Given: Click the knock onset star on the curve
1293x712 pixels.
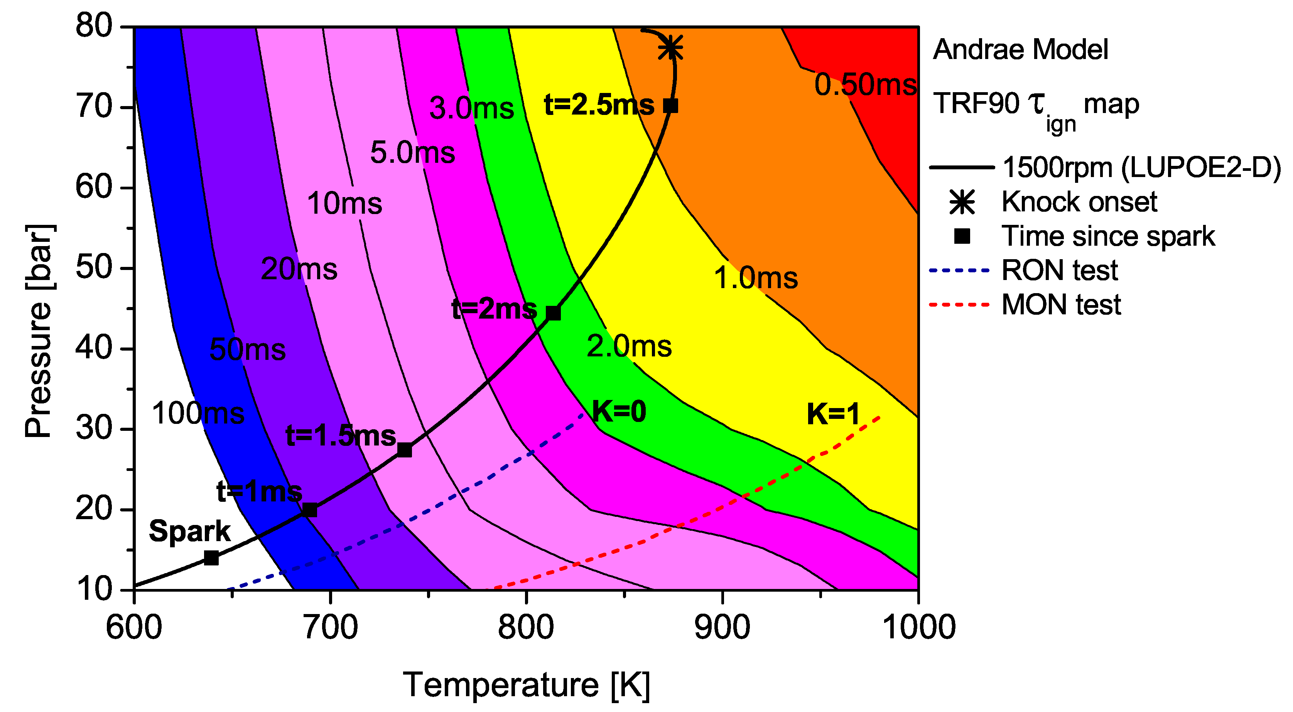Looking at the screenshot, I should (x=670, y=48).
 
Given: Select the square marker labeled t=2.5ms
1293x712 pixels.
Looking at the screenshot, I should (x=670, y=106).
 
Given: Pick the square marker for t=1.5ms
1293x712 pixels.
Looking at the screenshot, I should (x=405, y=450).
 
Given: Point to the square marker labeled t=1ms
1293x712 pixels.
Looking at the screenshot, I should (x=310, y=510).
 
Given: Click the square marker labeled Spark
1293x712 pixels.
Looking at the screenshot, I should (x=211, y=558).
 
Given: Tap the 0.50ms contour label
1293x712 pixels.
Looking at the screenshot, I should (x=865, y=84).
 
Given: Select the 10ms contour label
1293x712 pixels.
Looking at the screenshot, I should (x=344, y=204).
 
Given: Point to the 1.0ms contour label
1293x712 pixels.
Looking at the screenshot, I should (x=755, y=278).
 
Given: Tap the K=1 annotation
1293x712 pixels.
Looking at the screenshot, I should (x=834, y=415).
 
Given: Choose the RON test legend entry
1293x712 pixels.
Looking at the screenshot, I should (x=1059, y=271).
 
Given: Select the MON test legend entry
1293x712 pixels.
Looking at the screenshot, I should (x=1061, y=305).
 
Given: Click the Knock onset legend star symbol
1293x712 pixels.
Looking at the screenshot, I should (x=962, y=202).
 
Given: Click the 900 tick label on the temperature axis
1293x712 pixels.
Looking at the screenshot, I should (x=722, y=627).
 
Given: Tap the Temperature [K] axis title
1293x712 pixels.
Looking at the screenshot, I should (x=526, y=685).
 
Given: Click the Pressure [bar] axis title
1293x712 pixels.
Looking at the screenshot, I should (x=39, y=331).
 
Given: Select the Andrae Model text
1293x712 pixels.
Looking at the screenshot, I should (x=1020, y=50).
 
